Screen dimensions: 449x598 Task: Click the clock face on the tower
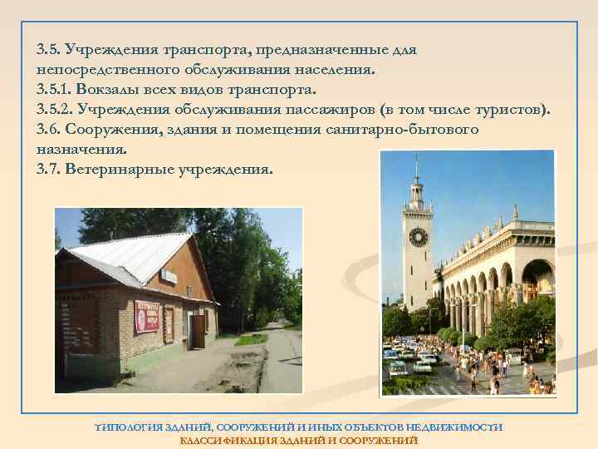[x=418, y=237]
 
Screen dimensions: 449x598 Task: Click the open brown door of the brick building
[x=198, y=330]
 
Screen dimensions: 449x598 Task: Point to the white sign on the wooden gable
[x=169, y=274]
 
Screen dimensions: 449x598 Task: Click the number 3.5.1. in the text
[x=57, y=89]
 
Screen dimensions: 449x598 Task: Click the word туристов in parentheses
[x=508, y=109]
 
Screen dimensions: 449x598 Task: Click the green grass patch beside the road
[x=249, y=338]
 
